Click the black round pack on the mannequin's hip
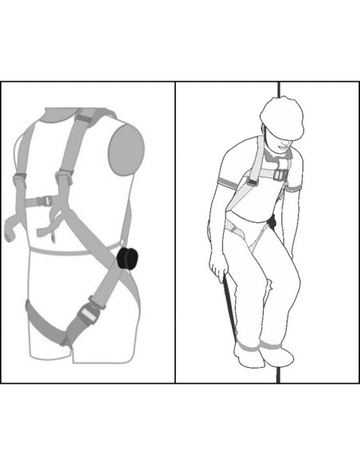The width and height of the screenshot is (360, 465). point(127,260)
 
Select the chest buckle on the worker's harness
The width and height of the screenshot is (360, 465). point(279,174)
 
